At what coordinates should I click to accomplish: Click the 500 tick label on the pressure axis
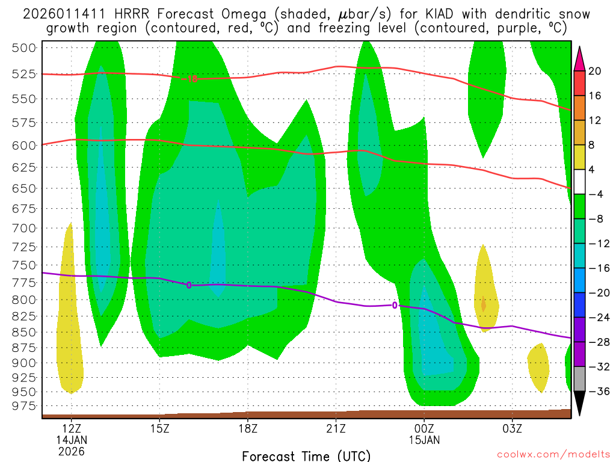coord(24,48)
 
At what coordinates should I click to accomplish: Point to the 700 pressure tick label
coord(24,228)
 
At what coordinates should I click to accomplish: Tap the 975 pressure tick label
coord(24,406)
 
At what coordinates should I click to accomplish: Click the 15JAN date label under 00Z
coord(424,440)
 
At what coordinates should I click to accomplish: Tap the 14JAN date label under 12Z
coord(72,440)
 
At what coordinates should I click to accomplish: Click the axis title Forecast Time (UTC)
coord(306,455)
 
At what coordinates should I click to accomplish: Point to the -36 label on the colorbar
coord(596,391)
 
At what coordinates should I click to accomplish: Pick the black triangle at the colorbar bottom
coord(579,403)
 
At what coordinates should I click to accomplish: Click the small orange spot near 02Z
coord(484,303)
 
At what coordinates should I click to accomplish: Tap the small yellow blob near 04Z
coord(538,366)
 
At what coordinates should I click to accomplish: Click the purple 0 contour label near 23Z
coord(395,305)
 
